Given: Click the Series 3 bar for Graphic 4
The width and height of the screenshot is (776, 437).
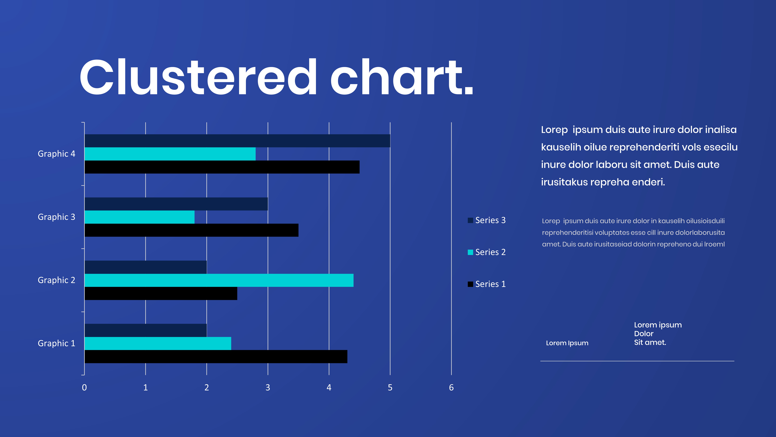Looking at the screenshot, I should [x=237, y=141].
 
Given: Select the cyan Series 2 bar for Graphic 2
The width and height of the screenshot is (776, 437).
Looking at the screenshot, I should [x=219, y=280].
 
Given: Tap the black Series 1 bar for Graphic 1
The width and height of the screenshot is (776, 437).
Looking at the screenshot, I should [x=216, y=356].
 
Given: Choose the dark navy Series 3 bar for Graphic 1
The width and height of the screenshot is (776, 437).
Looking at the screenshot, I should [x=145, y=330].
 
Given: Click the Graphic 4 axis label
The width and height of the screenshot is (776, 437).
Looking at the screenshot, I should [x=56, y=154].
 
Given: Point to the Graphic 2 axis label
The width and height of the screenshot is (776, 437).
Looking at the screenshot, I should [x=56, y=280].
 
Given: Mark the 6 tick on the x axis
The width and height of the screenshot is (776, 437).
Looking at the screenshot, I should [x=451, y=388].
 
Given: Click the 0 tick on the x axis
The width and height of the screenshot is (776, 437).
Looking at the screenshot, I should [x=84, y=388].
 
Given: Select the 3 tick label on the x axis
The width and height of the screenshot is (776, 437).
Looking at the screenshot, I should [x=267, y=388].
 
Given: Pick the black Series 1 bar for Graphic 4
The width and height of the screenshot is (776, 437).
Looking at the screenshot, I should [x=222, y=167].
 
